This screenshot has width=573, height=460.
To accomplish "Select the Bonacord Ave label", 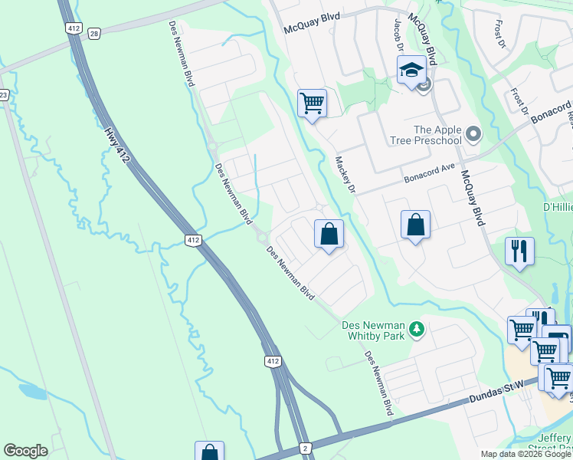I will pyautogui.click(x=430, y=176).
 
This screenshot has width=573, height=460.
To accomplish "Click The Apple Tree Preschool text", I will pyautogui.click(x=437, y=135).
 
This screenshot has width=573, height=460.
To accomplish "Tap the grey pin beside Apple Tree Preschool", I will pyautogui.click(x=473, y=135).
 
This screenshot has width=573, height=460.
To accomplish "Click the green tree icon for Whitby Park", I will pyautogui.click(x=417, y=330).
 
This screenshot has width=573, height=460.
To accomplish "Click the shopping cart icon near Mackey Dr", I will pyautogui.click(x=312, y=102).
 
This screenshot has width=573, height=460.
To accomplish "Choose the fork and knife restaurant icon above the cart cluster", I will pyautogui.click(x=519, y=250).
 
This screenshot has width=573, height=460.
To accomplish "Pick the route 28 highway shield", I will pyautogui.click(x=94, y=33).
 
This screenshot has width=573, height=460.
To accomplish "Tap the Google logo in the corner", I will pyautogui.click(x=25, y=451).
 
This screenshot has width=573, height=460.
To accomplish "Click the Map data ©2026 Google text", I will pyautogui.click(x=526, y=454).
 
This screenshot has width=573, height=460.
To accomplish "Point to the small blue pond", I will pyautogui.click(x=31, y=391).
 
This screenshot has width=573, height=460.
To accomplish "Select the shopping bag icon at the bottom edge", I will pyautogui.click(x=209, y=452).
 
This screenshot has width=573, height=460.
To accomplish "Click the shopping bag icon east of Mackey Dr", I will pyautogui.click(x=415, y=225).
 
